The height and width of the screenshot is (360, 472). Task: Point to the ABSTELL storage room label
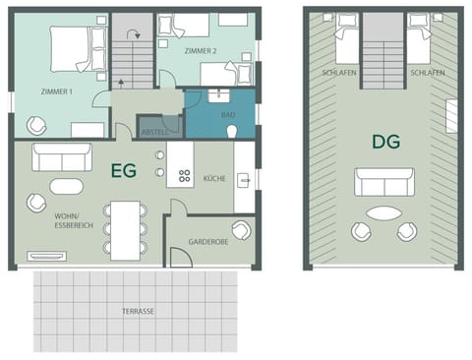click(x=155, y=130)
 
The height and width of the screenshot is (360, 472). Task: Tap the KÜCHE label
click(x=214, y=179)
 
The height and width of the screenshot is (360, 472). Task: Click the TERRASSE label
click(x=137, y=312)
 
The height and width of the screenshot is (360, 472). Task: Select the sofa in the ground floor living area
click(x=62, y=156)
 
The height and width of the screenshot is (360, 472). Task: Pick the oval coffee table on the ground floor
click(x=68, y=186)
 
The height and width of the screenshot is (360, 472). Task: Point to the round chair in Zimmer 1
click(x=35, y=125)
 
